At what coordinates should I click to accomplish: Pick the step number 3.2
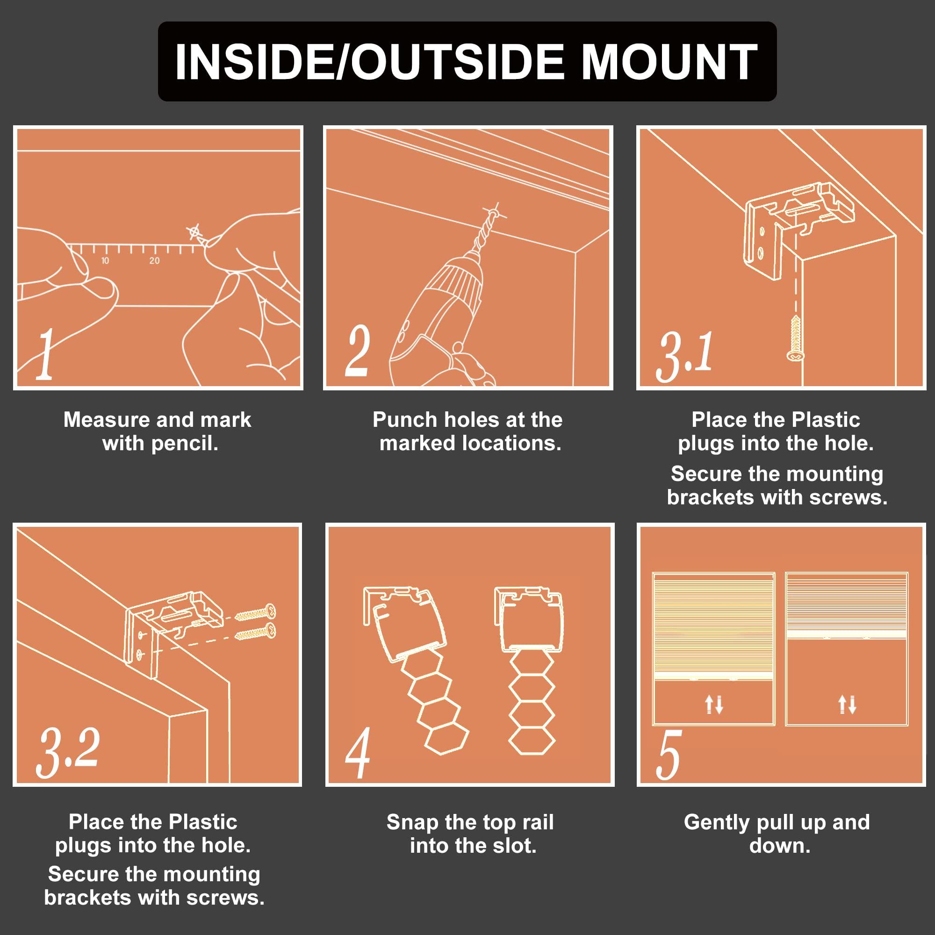click(68, 752)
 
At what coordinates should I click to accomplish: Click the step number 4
click(358, 753)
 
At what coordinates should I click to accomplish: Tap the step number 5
click(669, 755)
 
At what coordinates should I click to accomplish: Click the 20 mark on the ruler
click(154, 261)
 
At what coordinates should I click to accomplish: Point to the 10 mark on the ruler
click(105, 261)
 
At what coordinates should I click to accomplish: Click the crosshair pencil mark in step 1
click(194, 232)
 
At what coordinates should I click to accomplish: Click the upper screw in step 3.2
click(255, 612)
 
